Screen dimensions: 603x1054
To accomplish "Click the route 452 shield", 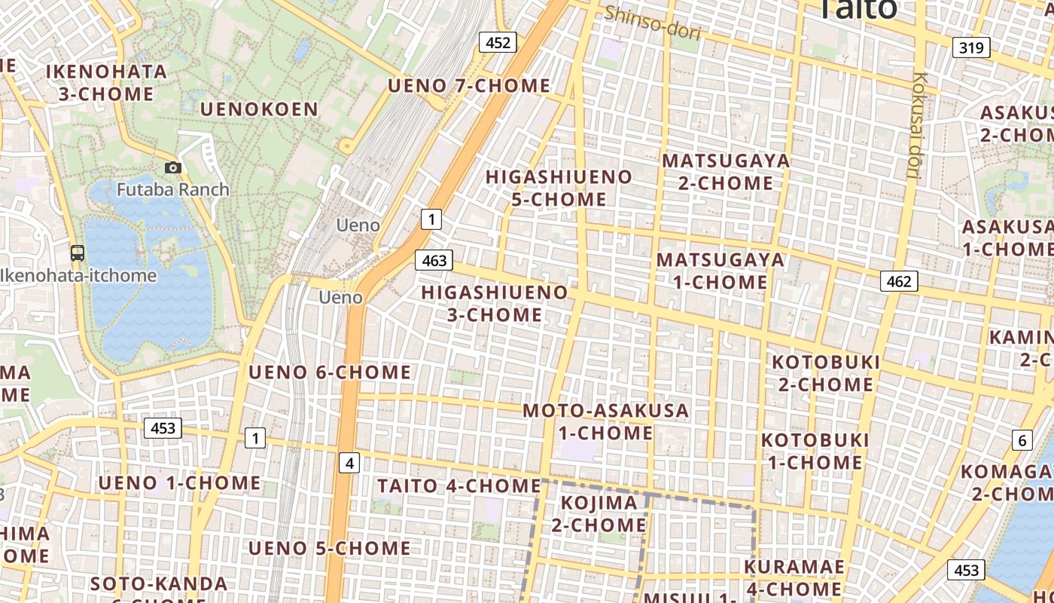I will click(498, 43).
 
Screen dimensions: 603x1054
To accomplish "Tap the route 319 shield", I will click(971, 48).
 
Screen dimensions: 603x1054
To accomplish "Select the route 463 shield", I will click(434, 261).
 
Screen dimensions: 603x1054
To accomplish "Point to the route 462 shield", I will click(898, 282).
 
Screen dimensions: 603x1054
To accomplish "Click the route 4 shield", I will click(349, 463).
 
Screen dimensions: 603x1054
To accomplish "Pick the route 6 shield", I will click(1022, 441).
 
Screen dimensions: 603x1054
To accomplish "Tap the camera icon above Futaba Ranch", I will click(173, 167).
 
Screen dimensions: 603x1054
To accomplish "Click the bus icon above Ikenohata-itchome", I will click(78, 253).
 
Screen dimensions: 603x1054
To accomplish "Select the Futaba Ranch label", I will click(173, 189).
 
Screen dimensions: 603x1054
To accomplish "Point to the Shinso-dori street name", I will click(653, 23).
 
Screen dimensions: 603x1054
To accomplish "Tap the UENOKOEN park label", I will click(259, 109).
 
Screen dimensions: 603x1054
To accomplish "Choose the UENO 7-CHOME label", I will click(468, 86).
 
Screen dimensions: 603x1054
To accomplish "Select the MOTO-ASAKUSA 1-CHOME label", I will click(605, 421).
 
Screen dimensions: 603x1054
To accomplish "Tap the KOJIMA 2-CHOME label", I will click(599, 513).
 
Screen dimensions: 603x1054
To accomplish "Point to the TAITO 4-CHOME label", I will click(458, 485).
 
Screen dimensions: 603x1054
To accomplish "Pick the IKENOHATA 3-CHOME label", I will click(106, 83).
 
